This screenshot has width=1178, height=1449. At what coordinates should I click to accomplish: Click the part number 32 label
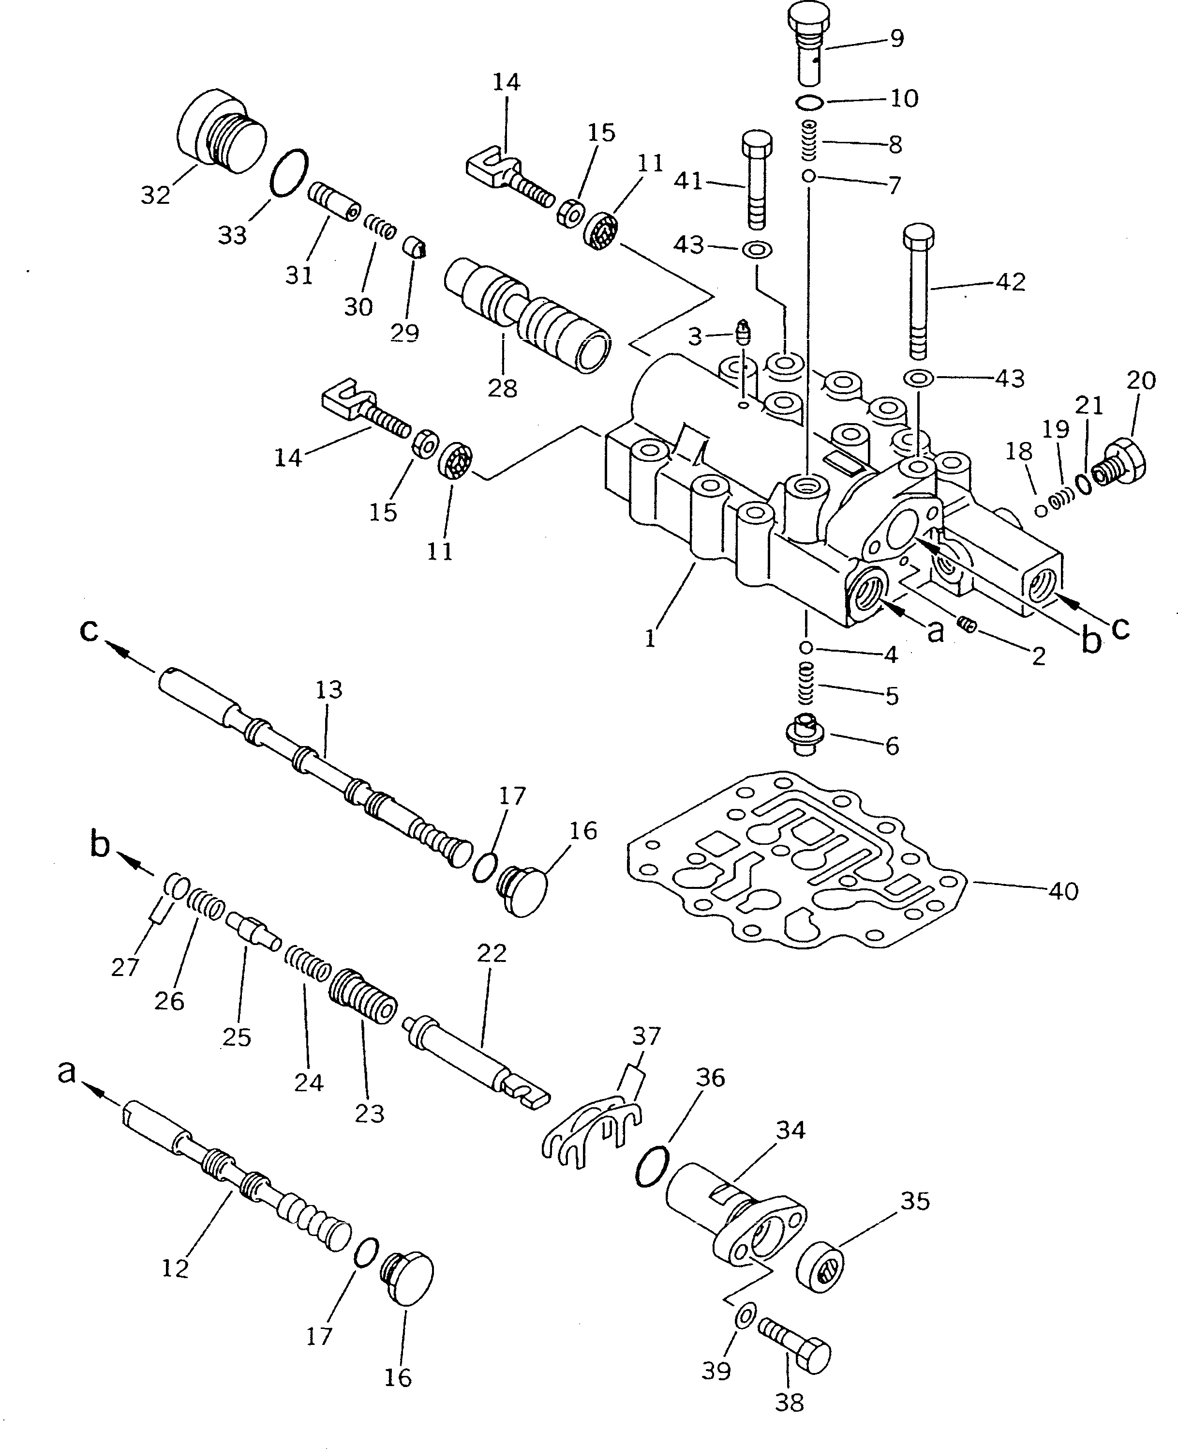[155, 195]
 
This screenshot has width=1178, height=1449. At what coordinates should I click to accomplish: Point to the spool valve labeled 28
[526, 315]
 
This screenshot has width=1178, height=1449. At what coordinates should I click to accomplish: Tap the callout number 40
[1063, 890]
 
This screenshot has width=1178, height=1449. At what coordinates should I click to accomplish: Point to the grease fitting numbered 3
[744, 333]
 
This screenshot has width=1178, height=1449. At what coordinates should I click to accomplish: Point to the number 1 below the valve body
[650, 638]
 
